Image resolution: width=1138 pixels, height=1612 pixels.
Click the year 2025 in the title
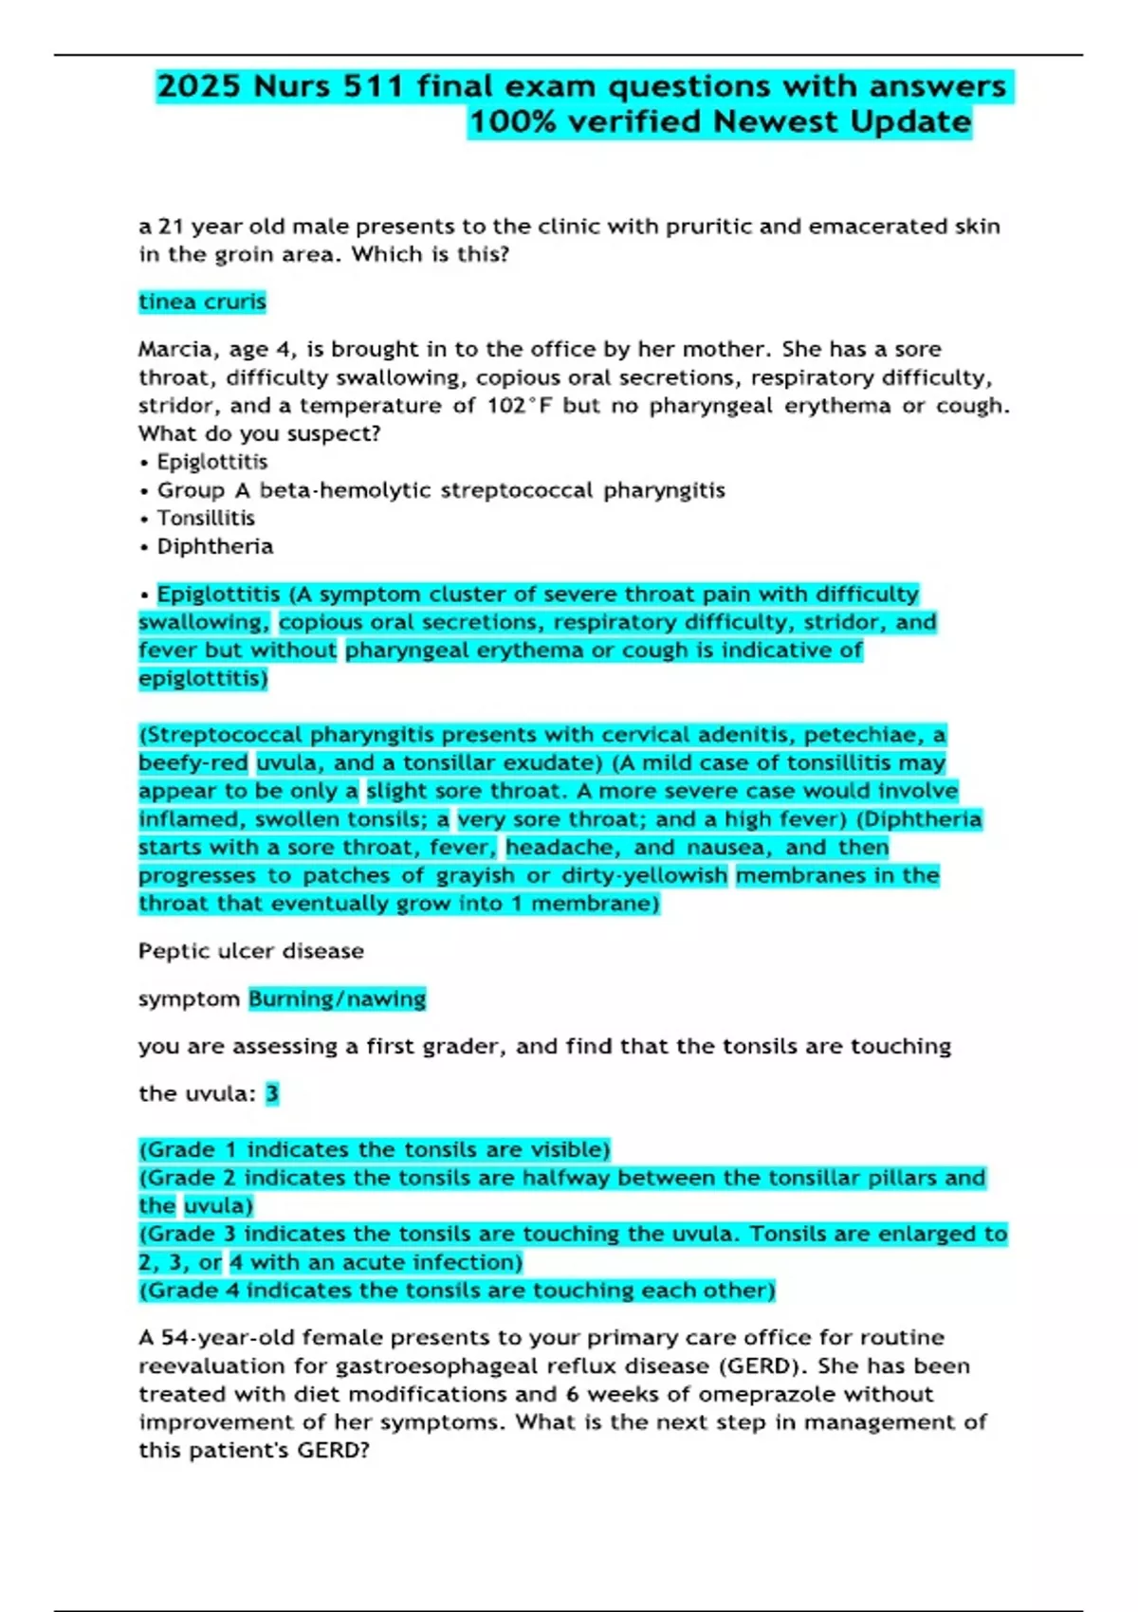click(198, 86)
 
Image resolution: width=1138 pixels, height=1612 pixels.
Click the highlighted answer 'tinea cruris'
click(202, 302)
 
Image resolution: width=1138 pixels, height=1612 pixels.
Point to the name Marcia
click(176, 349)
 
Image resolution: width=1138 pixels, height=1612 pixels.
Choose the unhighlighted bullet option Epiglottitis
click(212, 462)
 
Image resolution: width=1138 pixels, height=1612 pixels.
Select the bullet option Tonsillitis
click(206, 518)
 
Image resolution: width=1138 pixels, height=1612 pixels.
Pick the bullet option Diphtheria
click(215, 546)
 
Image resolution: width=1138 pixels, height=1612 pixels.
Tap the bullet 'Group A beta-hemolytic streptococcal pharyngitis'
click(441, 490)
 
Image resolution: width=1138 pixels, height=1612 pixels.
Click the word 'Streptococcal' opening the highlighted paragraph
click(224, 735)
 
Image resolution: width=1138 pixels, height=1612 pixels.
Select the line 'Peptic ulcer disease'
click(251, 951)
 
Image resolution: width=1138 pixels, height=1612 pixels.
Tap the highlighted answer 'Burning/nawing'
click(337, 998)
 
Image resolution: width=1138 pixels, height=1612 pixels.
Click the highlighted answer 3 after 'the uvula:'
click(272, 1093)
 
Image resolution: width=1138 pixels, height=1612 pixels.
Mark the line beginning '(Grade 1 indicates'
click(374, 1149)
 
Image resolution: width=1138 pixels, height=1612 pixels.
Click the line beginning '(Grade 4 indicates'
click(457, 1291)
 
